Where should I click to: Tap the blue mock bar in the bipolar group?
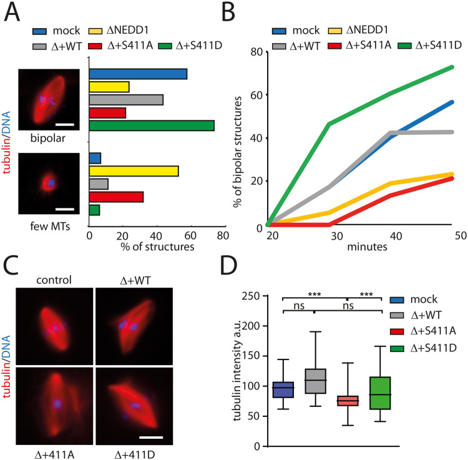[x=139, y=74]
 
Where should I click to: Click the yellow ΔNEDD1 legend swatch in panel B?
[x=358, y=29]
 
